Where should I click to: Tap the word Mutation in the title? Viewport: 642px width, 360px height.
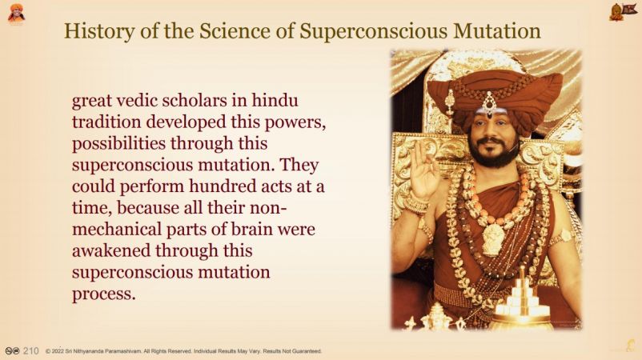click(x=496, y=30)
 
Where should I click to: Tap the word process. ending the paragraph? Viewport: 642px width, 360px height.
click(x=103, y=295)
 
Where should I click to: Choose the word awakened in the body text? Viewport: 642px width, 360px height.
click(x=111, y=250)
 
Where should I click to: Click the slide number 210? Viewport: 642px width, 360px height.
click(x=30, y=351)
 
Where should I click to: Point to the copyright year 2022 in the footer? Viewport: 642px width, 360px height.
click(x=58, y=351)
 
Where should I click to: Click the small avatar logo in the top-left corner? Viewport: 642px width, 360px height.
click(x=16, y=13)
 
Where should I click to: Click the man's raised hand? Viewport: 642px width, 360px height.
click(x=424, y=171)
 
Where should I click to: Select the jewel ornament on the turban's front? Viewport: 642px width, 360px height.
click(x=489, y=103)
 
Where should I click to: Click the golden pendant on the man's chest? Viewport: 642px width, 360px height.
click(x=493, y=239)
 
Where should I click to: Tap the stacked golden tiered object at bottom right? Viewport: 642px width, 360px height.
click(x=521, y=301)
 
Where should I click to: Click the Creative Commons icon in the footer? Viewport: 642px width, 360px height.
click(x=12, y=351)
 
